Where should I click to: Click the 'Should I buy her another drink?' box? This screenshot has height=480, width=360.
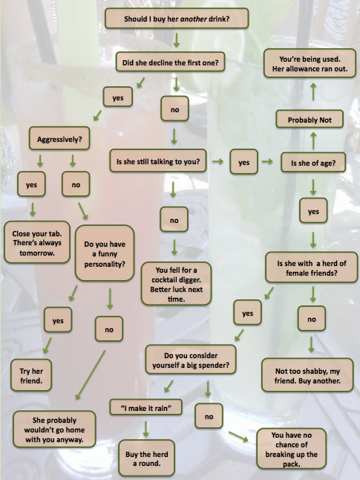[177, 19]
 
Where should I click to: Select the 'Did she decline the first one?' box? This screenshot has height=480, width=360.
[171, 62]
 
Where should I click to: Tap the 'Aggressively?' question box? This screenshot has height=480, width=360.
[59, 139]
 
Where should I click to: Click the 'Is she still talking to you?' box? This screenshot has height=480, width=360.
[158, 160]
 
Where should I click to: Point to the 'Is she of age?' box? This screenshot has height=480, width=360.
[313, 163]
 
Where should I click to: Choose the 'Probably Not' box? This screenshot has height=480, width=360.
[310, 119]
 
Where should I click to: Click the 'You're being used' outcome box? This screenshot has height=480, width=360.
[310, 63]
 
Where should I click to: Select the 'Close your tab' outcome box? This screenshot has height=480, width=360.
[37, 242]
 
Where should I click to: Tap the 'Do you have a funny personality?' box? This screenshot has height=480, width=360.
[105, 253]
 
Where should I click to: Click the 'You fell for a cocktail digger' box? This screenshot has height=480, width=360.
[176, 284]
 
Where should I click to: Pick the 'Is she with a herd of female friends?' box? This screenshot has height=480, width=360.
[311, 267]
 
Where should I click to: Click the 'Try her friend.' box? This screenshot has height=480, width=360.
[31, 375]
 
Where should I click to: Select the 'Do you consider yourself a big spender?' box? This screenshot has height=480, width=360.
[191, 360]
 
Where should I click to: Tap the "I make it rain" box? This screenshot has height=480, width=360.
[146, 407]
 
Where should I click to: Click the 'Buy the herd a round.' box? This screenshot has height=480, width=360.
[146, 458]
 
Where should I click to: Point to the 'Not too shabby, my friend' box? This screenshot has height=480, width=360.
[307, 375]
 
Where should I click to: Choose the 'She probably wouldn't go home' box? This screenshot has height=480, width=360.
[54, 429]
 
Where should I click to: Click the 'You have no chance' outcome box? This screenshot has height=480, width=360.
[291, 449]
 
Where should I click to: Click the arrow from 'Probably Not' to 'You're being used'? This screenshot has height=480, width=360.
[313, 91]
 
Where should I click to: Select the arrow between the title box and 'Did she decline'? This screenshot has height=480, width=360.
[177, 40]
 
